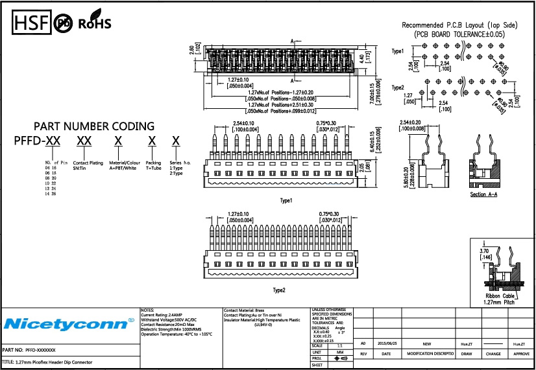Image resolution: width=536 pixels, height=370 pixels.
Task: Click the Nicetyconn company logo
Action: point(68,323)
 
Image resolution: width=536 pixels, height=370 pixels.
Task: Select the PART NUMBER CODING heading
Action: point(94,126)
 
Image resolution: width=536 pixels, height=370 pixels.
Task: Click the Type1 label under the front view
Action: point(286,201)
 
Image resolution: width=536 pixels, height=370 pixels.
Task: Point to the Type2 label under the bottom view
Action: point(279,290)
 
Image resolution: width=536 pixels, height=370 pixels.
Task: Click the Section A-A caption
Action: point(486,195)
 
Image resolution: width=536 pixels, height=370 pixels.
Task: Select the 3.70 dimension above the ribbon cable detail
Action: point(483,251)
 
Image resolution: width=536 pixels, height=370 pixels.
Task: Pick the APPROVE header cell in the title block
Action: point(521,354)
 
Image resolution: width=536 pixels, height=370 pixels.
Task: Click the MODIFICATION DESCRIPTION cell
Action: point(430,354)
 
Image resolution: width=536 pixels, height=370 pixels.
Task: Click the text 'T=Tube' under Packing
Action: point(152,168)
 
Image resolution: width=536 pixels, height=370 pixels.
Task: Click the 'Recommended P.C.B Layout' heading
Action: point(459,25)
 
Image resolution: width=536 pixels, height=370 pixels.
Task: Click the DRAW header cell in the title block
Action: point(466,354)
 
